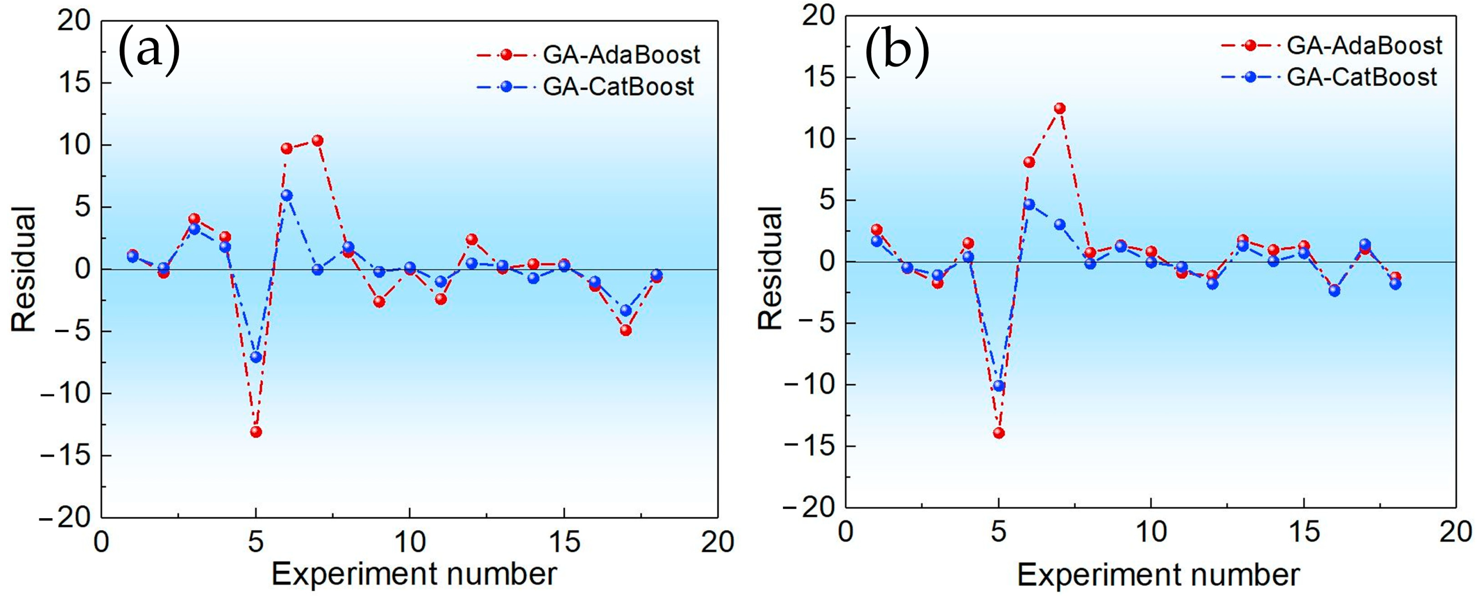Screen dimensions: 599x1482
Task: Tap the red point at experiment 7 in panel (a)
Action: [317, 141]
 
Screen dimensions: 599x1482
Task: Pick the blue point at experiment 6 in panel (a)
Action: [286, 195]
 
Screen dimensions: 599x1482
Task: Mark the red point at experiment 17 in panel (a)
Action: [625, 330]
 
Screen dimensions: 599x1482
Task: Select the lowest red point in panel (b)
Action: [999, 433]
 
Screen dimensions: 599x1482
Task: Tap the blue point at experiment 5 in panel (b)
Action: [999, 386]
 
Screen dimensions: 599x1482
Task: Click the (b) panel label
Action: [897, 51]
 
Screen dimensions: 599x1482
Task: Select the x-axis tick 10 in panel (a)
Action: [409, 542]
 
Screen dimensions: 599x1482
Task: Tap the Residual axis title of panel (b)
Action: [769, 268]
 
